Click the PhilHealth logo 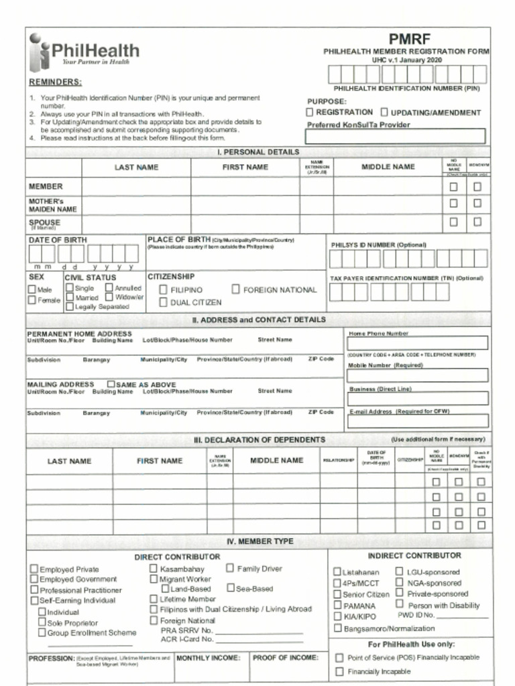[x=83, y=52]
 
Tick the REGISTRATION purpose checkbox [x=310, y=113]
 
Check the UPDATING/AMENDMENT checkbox [x=385, y=113]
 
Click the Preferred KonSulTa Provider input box [x=395, y=137]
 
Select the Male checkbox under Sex [x=32, y=289]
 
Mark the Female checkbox [x=32, y=300]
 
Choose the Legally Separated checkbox [x=70, y=307]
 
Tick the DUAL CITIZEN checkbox [x=163, y=302]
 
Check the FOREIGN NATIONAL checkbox [x=236, y=289]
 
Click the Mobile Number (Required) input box [x=417, y=375]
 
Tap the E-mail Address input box [x=417, y=421]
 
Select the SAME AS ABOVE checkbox [x=111, y=385]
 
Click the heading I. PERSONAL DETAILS [x=258, y=152]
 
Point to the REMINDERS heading [x=55, y=82]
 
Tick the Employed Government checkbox [x=34, y=579]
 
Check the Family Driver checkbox [x=229, y=568]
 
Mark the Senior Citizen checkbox [x=337, y=594]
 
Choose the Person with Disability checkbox [x=400, y=604]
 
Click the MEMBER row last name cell [x=136, y=186]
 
